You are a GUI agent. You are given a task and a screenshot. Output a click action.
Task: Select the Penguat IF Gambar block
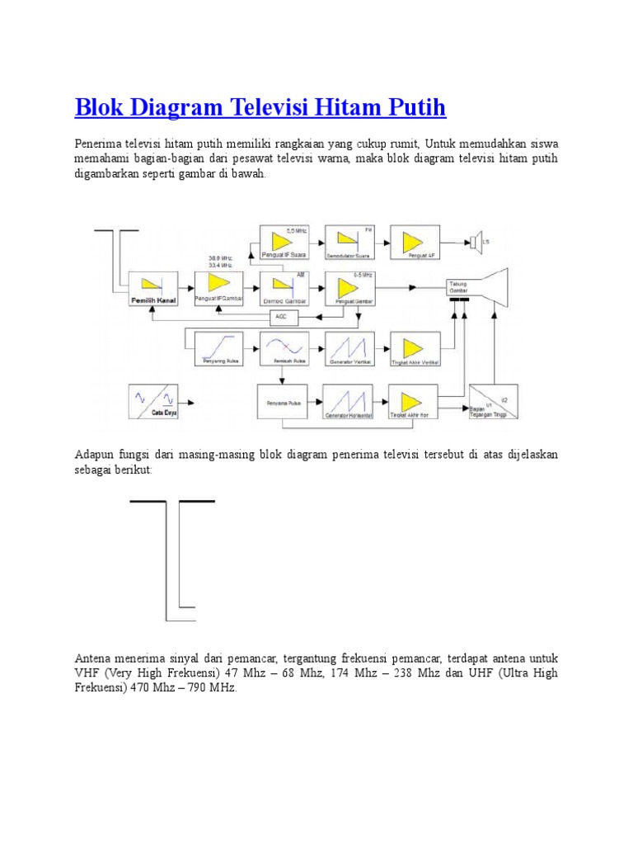[219, 288]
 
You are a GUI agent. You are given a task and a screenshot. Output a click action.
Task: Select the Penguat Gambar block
[349, 288]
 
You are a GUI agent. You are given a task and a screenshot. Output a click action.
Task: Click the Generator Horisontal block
[349, 403]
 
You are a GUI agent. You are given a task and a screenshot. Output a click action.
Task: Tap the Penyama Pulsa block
[283, 403]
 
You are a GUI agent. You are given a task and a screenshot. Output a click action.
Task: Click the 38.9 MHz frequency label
[220, 258]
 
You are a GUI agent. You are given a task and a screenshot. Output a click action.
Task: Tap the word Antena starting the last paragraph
[95, 659]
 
